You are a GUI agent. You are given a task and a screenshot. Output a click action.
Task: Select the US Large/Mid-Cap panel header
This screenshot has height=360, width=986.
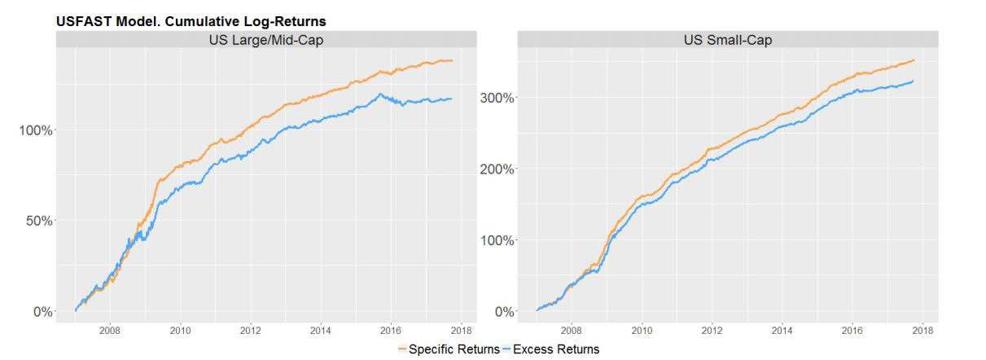click(265, 39)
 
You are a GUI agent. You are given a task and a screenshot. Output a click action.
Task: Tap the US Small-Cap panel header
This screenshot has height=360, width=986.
click(728, 39)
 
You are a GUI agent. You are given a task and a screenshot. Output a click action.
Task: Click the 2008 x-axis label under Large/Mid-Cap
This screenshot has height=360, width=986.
click(110, 330)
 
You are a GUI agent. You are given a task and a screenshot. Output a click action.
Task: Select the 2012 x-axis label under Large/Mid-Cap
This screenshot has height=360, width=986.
click(251, 330)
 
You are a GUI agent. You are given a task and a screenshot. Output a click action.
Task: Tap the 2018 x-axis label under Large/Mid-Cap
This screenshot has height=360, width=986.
click(462, 330)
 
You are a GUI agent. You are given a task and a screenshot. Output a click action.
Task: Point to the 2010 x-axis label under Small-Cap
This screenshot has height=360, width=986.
click(642, 330)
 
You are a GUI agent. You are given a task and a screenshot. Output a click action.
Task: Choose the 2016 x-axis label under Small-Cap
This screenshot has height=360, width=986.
click(852, 330)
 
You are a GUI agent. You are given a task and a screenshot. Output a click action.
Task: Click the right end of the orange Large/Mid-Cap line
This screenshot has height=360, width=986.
click(452, 60)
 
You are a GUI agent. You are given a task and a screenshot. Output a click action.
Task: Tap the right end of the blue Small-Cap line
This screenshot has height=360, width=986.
click(914, 81)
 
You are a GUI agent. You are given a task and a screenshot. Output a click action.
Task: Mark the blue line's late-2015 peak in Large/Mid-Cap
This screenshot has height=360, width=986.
click(380, 94)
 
